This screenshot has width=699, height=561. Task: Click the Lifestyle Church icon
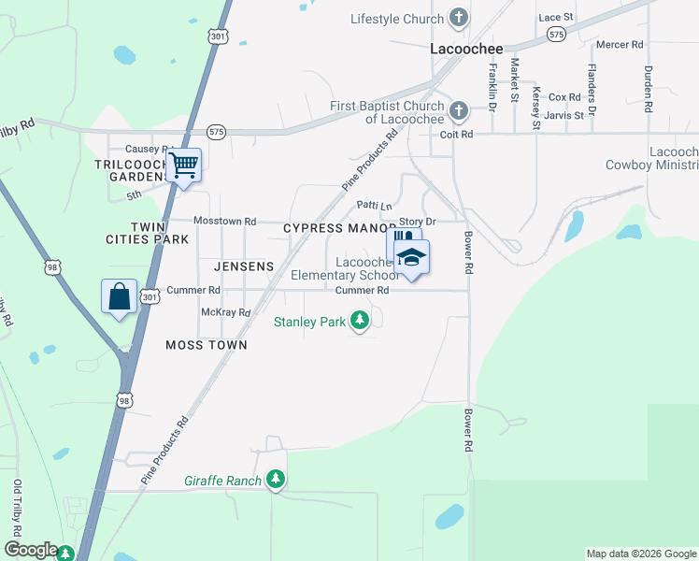pos(458,18)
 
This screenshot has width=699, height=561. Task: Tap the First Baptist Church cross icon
pos(458,111)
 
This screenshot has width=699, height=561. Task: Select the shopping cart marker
pos(184,165)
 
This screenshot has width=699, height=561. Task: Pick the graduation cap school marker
pos(411,257)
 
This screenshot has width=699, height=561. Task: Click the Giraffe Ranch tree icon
pos(275,480)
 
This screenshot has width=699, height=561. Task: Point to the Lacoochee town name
pos(466,49)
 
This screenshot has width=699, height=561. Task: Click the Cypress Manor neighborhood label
pos(339,228)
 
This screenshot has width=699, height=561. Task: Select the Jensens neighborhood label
pos(244,266)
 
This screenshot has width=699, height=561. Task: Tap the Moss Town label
pos(207,345)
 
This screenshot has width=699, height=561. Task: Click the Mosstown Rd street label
pos(224,221)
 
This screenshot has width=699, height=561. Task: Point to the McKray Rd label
pos(226,312)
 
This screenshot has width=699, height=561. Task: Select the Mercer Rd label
pos(620,44)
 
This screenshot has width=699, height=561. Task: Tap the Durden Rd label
pos(648,89)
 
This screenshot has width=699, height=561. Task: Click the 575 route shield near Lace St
pos(556,34)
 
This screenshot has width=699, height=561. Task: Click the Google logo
pos(31,550)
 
